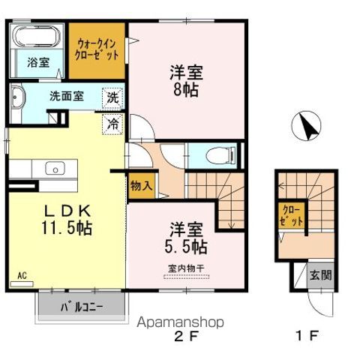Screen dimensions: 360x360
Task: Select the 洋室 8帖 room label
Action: point(186,80)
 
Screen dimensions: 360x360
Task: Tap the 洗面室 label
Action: point(66,96)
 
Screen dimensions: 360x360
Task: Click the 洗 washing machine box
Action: point(111,97)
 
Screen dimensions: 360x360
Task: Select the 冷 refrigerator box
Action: point(111,121)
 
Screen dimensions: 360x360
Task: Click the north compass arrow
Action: point(308,124)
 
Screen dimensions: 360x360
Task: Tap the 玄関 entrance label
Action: point(321,274)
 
